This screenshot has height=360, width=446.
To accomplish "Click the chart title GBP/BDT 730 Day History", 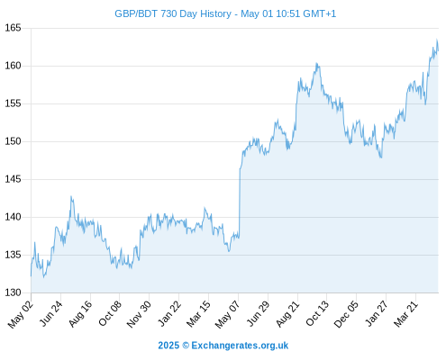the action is click(173, 13).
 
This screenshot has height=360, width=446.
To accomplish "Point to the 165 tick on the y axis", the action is click(13, 28).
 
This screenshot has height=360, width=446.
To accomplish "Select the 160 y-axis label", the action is click(13, 66).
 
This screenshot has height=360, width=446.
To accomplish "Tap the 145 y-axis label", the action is click(13, 179).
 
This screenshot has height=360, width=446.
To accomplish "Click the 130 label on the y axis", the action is click(13, 292).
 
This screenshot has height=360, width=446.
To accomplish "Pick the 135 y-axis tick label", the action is click(13, 255).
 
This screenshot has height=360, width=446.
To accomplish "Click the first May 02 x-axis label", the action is click(20, 314).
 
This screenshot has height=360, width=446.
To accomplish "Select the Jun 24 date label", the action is click(50, 313).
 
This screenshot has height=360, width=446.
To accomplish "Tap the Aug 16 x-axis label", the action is click(80, 313).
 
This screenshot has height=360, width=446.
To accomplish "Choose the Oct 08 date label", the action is click(110, 313).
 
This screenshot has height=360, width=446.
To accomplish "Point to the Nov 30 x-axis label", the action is click(139, 314).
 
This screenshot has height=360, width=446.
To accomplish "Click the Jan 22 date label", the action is click(169, 313).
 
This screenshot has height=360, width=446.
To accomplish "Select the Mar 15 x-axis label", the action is click(198, 314).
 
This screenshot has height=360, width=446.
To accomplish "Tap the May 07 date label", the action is click(227, 314).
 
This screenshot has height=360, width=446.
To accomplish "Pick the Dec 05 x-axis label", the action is click(346, 314).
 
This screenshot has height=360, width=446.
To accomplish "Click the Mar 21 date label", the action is click(405, 313).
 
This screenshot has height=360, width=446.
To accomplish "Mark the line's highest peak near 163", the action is click(437, 40).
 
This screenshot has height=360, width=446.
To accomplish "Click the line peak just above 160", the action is click(316, 63).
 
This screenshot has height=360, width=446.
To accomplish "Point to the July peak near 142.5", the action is click(71, 196).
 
